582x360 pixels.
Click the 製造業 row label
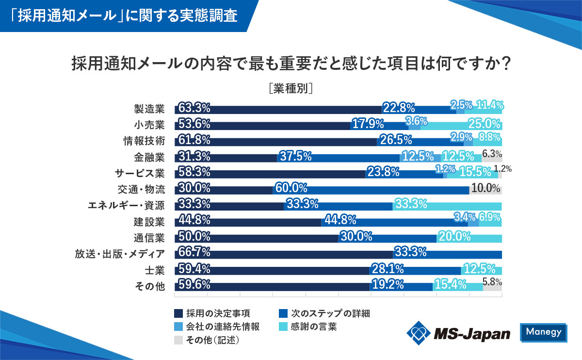click(x=149, y=108)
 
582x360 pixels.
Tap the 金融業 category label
click(x=149, y=157)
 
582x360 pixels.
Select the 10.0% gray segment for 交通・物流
click(x=485, y=189)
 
